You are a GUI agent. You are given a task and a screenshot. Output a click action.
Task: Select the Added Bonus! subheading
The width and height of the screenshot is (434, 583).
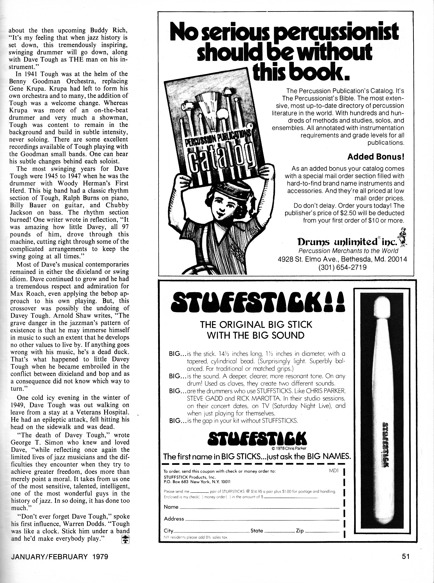375,157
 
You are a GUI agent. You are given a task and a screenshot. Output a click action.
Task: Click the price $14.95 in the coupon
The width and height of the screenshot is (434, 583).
258,491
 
